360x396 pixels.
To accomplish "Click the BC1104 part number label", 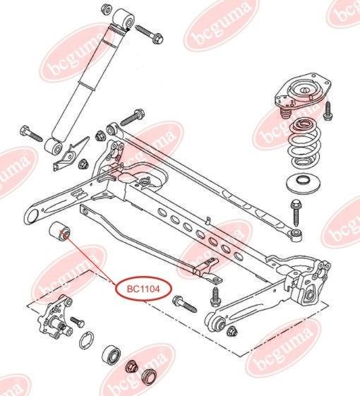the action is pos(143,289).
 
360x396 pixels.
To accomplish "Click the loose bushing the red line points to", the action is pos(60,232).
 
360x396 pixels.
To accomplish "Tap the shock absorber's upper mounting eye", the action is pos(123,19).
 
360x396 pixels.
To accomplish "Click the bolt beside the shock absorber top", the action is pos(150,34).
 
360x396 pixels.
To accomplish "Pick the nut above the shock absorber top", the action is pos(107,9).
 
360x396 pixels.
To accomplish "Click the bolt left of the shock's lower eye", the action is pos(31,134).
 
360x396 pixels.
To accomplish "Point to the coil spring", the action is pos(304,144).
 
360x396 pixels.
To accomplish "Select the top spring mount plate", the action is pos(302,94).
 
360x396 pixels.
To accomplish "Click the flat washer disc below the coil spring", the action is pos(303,184).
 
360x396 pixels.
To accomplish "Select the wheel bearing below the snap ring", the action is pos(112,355).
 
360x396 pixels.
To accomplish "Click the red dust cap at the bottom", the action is pos(149,378).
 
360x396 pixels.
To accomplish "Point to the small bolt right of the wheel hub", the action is pos(77,323).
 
